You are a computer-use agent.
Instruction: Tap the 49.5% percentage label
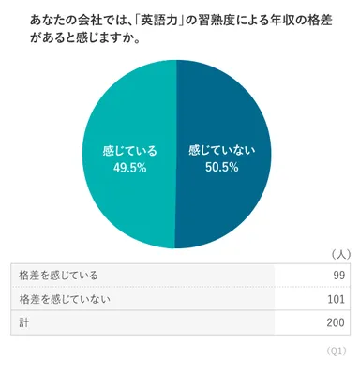[x=128, y=167]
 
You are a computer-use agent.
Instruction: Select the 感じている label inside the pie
[x=128, y=149]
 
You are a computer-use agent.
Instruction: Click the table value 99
[x=337, y=275]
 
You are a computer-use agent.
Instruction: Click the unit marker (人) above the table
[x=340, y=253]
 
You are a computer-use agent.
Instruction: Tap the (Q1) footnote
[x=337, y=350]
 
